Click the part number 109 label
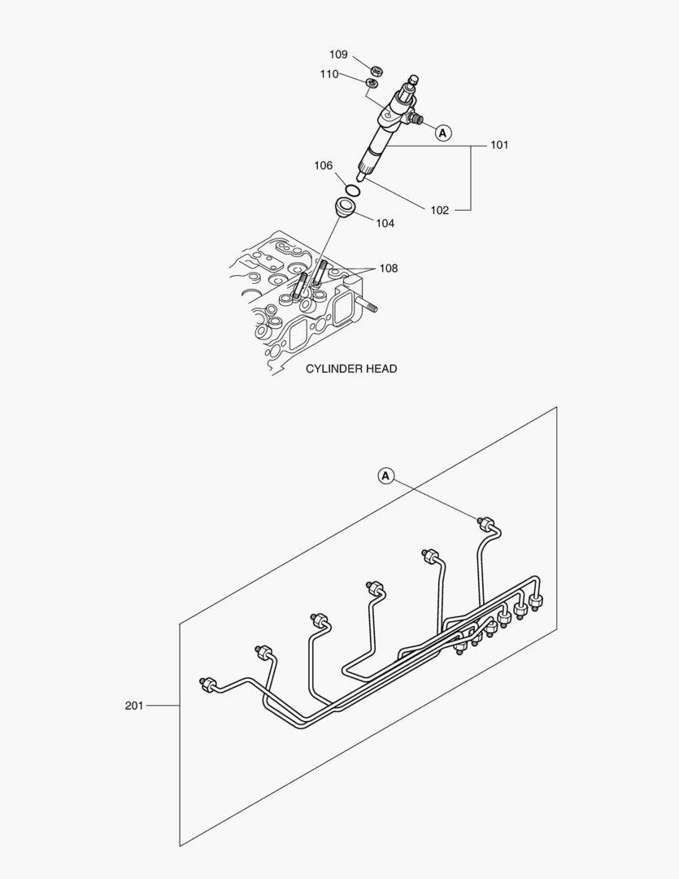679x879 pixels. click(x=338, y=55)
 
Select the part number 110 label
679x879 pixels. click(x=329, y=74)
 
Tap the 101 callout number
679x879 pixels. click(x=498, y=145)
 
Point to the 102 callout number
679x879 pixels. click(x=439, y=210)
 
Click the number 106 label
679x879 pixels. click(x=324, y=166)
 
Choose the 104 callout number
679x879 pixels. click(x=385, y=223)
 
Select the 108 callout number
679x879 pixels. click(x=389, y=269)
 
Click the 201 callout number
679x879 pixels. click(x=134, y=706)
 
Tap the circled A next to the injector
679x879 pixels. click(x=442, y=132)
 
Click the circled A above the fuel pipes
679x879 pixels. click(x=386, y=475)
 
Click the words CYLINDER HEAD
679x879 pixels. click(x=351, y=369)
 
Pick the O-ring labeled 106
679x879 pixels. click(x=352, y=190)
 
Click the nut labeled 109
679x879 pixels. click(x=376, y=70)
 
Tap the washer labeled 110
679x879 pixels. click(x=372, y=83)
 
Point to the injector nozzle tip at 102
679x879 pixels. click(x=360, y=177)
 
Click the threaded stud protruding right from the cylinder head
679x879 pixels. click(x=371, y=308)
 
